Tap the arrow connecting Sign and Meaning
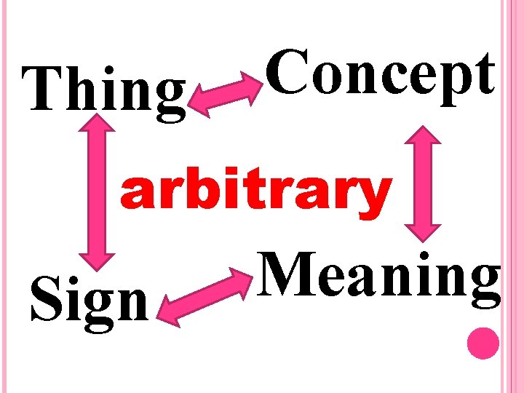[x=205, y=295]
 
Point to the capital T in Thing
[x=44, y=91]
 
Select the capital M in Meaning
[x=287, y=275]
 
